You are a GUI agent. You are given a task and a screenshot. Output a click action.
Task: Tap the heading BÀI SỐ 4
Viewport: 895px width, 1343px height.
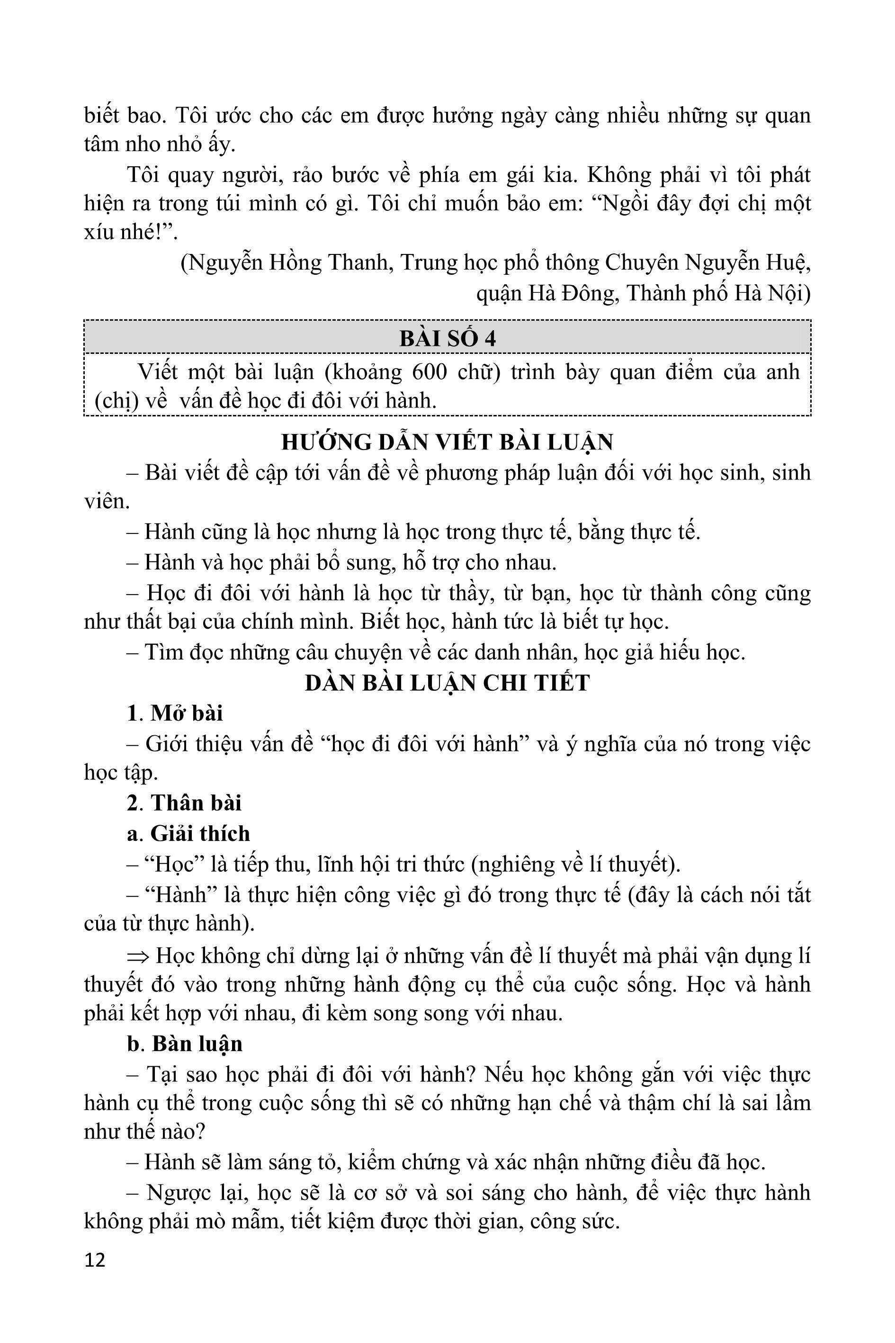[x=447, y=339]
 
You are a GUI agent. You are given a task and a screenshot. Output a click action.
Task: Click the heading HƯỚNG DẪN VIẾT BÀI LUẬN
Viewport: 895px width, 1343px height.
[x=447, y=442]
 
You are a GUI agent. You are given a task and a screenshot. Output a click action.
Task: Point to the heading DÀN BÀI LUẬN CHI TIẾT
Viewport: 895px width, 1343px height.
[x=447, y=683]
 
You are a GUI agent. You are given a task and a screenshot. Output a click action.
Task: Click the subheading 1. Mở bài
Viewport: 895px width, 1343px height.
[x=175, y=713]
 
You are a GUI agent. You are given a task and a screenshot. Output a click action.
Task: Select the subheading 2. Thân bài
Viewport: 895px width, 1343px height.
[x=184, y=803]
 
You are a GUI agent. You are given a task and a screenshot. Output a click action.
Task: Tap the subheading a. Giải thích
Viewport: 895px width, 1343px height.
[x=188, y=834]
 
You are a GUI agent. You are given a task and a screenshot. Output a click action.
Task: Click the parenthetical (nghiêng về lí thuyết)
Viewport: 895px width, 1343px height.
[x=576, y=865]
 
